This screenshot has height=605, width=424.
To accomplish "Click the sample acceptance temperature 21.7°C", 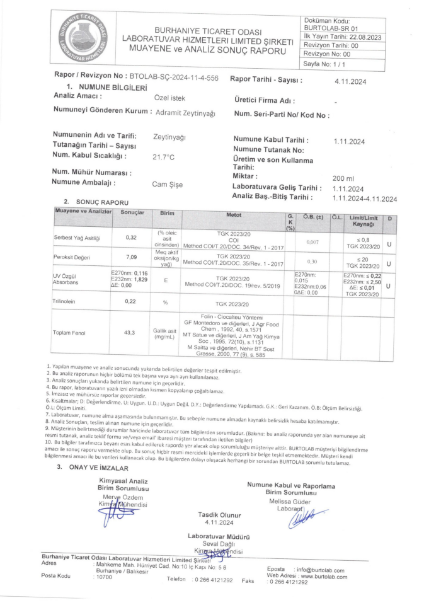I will click(x=166, y=157).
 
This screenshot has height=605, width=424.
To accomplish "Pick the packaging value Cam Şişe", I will click(x=168, y=185).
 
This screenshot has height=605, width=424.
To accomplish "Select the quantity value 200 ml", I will click(x=344, y=179).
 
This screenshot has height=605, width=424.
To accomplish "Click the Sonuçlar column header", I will click(x=132, y=213).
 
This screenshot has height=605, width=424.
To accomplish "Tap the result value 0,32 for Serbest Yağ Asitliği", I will click(x=132, y=238).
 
